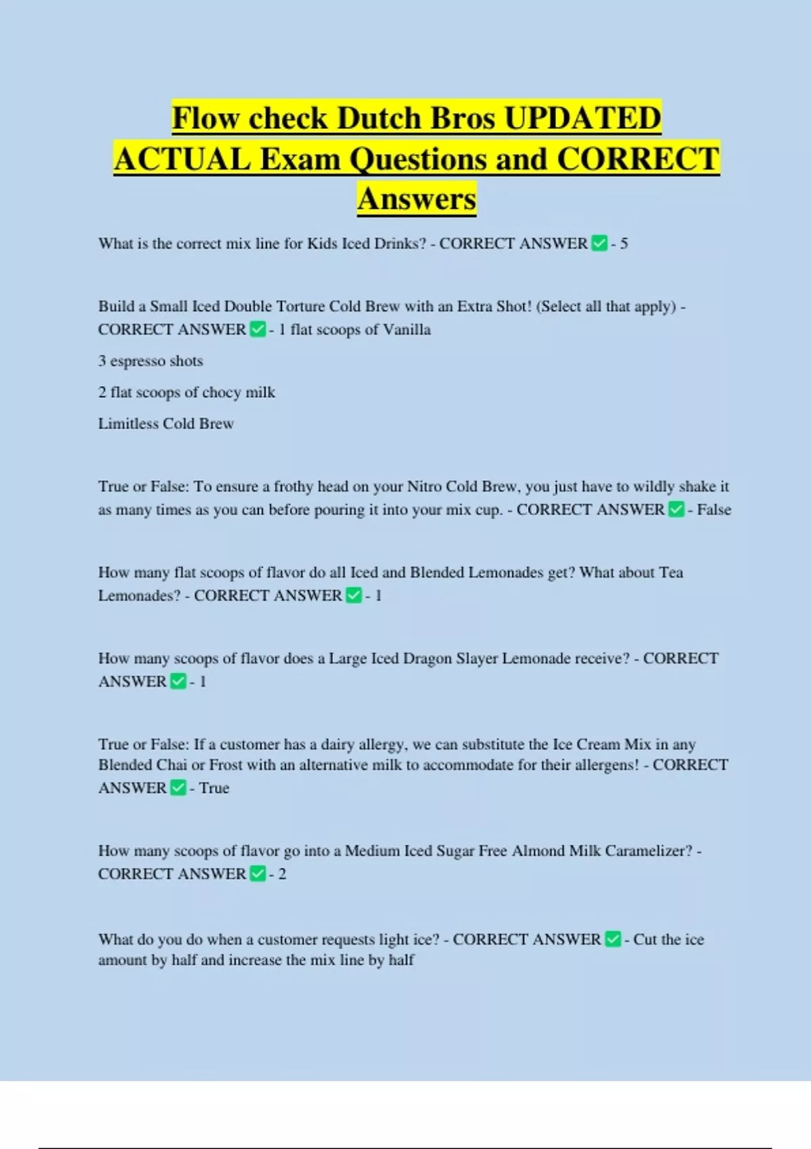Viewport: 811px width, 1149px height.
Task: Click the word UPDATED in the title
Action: click(x=583, y=118)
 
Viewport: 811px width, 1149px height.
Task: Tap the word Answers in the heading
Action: click(x=417, y=199)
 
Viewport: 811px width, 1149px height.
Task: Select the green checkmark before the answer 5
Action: click(x=599, y=243)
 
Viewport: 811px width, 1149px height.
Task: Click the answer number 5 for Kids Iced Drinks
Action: click(x=624, y=243)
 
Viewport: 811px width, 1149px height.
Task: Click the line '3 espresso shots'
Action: click(x=151, y=361)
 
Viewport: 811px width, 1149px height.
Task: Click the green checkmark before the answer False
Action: click(x=676, y=510)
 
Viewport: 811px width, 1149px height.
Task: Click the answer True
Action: click(x=214, y=788)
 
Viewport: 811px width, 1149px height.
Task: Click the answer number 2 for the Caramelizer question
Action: click(x=282, y=874)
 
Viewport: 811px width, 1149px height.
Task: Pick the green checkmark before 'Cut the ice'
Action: click(x=612, y=939)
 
